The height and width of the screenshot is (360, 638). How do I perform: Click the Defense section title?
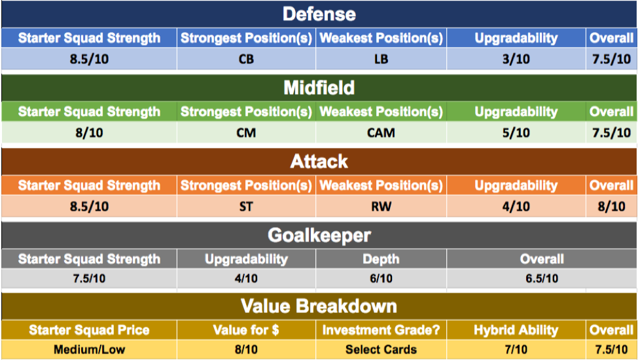[319, 14]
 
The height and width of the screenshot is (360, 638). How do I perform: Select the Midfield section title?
[319, 88]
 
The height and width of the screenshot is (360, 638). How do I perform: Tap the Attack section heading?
[319, 162]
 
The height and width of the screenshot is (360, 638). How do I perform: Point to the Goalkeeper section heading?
[319, 236]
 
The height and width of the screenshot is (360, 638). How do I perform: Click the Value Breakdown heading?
[319, 306]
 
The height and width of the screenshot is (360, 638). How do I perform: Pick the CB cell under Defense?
[246, 60]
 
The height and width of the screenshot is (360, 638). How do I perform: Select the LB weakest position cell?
[381, 60]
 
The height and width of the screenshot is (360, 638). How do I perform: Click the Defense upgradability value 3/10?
[516, 60]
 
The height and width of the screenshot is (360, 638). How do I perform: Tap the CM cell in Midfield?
[246, 133]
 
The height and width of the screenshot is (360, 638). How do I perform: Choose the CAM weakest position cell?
[381, 133]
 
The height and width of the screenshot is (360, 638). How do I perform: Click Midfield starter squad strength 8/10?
[89, 133]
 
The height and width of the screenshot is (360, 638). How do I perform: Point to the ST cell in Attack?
[246, 207]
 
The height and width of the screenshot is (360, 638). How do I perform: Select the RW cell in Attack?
[381, 207]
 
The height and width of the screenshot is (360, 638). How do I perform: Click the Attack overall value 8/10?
[612, 207]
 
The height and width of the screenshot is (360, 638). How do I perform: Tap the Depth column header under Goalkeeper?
[381, 259]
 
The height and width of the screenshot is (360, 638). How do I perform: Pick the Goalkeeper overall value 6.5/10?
[542, 279]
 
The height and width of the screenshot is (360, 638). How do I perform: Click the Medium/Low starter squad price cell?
[89, 350]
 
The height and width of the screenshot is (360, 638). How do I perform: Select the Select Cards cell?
[381, 350]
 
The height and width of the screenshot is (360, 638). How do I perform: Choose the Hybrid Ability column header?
[516, 331]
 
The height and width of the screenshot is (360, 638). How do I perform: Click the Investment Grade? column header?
[381, 330]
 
